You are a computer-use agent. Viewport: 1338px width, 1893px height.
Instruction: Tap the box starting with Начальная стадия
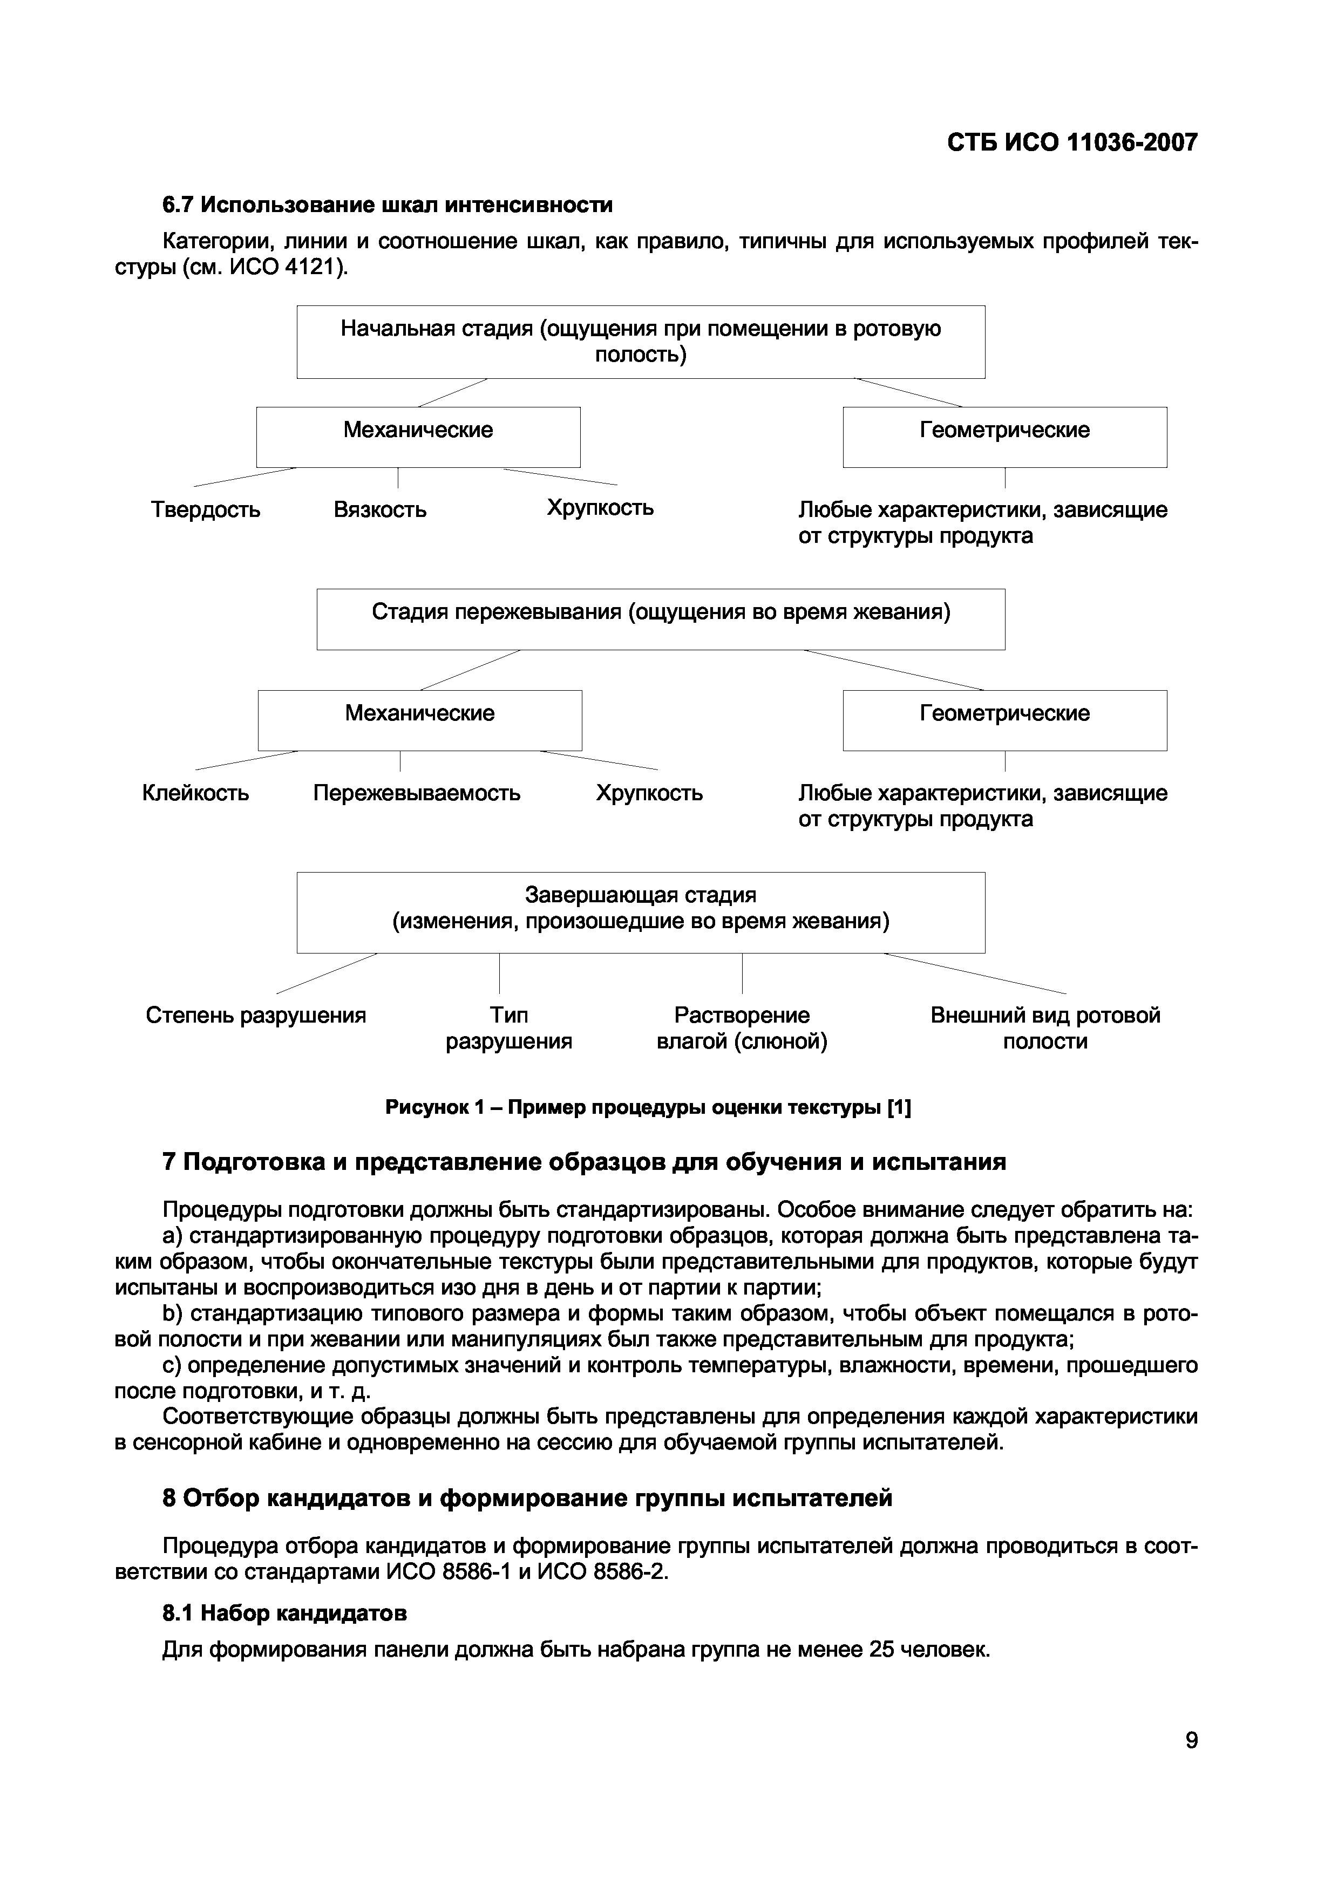(x=641, y=342)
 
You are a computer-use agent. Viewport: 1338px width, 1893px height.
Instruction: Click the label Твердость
(x=205, y=509)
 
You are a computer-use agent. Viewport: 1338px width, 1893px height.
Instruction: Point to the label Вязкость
(x=380, y=509)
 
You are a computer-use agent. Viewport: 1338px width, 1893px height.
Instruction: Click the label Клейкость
(x=195, y=793)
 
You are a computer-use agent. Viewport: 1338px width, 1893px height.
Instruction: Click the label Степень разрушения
(x=255, y=1015)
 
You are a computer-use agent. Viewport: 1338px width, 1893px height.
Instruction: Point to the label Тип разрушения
(x=508, y=1028)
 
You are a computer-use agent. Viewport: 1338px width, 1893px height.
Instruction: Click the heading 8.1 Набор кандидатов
(x=284, y=1613)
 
